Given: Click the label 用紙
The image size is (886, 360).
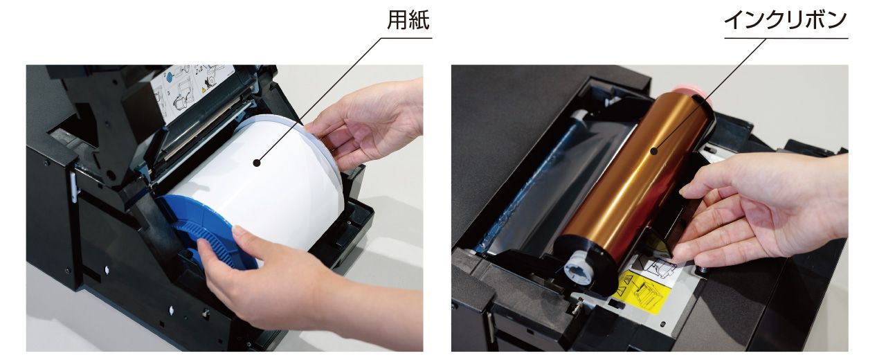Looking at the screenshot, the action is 408,19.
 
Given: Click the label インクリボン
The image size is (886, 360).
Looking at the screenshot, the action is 786,19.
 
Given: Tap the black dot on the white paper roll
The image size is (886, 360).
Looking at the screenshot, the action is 258,162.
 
